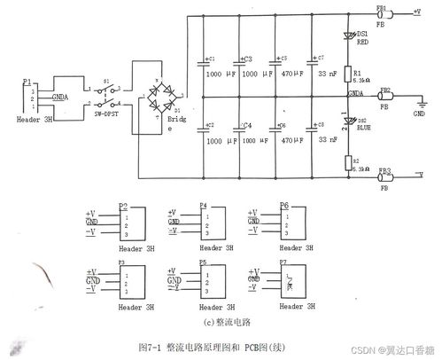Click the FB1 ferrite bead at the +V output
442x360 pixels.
tap(384, 14)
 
